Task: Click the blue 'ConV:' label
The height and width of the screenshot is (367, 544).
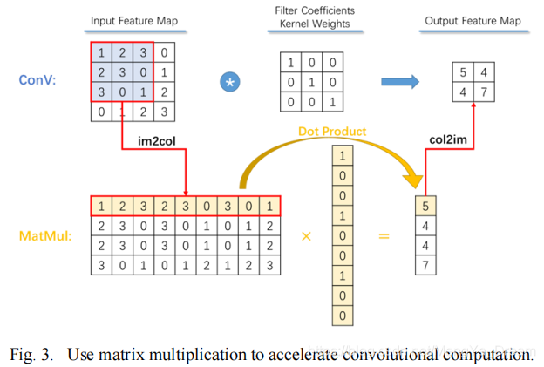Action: [x=39, y=80]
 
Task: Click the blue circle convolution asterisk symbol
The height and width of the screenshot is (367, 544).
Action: [x=232, y=82]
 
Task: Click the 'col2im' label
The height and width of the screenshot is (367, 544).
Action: [x=449, y=138]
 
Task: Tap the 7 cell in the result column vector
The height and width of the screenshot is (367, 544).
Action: [x=425, y=263]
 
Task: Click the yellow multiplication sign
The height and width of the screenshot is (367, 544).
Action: [x=305, y=236]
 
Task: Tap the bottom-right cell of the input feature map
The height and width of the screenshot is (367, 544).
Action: [x=164, y=111]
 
